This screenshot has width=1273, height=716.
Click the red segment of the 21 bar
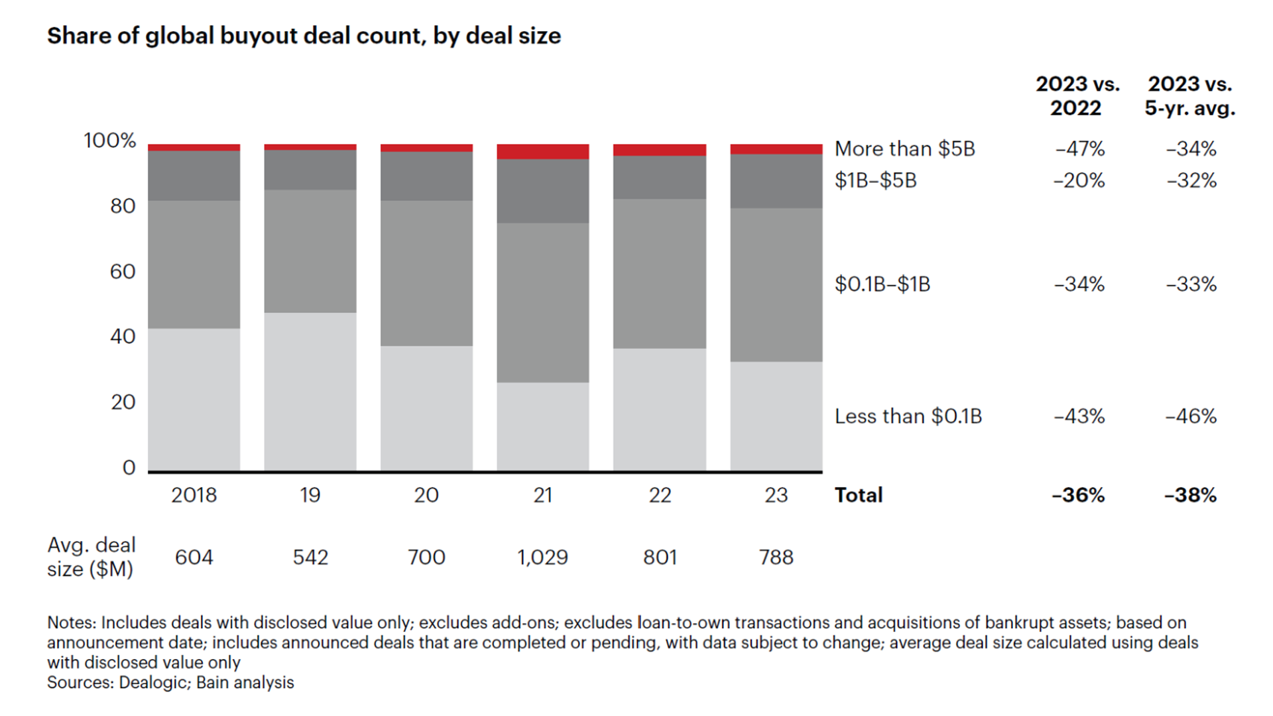click(542, 151)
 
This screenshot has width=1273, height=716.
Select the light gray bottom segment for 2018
click(194, 399)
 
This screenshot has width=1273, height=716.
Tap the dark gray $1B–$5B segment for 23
click(776, 181)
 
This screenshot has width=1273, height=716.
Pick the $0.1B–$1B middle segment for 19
click(310, 251)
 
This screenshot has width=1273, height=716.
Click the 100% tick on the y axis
click(109, 141)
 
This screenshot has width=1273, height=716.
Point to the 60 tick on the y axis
click(123, 272)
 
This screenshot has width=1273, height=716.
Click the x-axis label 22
click(659, 495)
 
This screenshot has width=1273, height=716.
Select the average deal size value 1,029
click(542, 557)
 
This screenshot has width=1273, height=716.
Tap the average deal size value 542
click(310, 557)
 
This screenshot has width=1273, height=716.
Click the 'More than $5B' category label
click(904, 149)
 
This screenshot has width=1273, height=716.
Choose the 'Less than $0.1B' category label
click(908, 416)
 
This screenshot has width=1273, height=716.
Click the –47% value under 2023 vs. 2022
click(1079, 149)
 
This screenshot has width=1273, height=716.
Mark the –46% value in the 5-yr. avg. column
click(1191, 416)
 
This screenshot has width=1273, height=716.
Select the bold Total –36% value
click(1078, 495)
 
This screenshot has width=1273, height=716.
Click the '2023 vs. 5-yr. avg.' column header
click(1189, 96)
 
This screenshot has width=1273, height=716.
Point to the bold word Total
click(858, 495)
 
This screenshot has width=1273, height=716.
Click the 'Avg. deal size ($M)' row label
click(91, 557)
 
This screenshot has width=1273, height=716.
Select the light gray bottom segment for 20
click(426, 408)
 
